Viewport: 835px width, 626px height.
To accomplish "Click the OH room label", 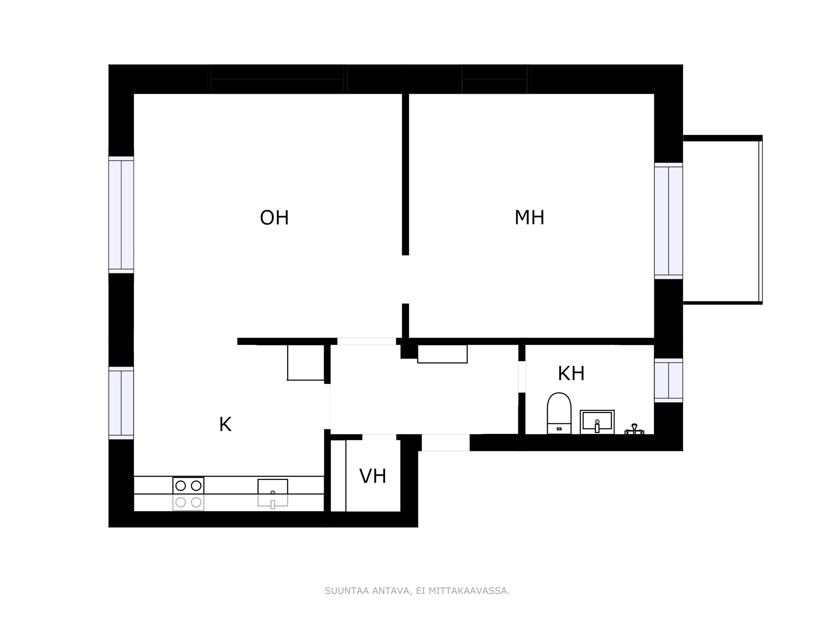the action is tap(274, 218).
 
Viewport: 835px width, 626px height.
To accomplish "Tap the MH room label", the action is tap(529, 217).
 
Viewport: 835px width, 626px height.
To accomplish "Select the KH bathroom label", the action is tap(571, 373).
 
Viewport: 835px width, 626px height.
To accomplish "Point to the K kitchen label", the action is tap(225, 424).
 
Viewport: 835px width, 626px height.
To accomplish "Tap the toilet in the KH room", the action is tap(559, 413).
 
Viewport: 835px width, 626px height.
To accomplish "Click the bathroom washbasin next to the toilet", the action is tap(597, 422).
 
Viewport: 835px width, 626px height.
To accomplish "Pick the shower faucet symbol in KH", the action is tap(634, 429).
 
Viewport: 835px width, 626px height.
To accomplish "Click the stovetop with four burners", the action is tap(189, 494).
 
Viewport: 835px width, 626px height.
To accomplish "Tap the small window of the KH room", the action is tap(669, 380).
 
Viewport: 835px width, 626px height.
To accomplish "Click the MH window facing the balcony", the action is tap(669, 221).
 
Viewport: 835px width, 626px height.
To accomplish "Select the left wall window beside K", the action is tap(121, 403).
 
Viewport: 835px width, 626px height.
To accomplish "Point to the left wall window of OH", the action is tap(121, 215).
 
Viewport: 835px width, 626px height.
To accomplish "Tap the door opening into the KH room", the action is tap(522, 377).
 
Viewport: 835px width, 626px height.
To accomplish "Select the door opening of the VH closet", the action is tap(379, 437).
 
